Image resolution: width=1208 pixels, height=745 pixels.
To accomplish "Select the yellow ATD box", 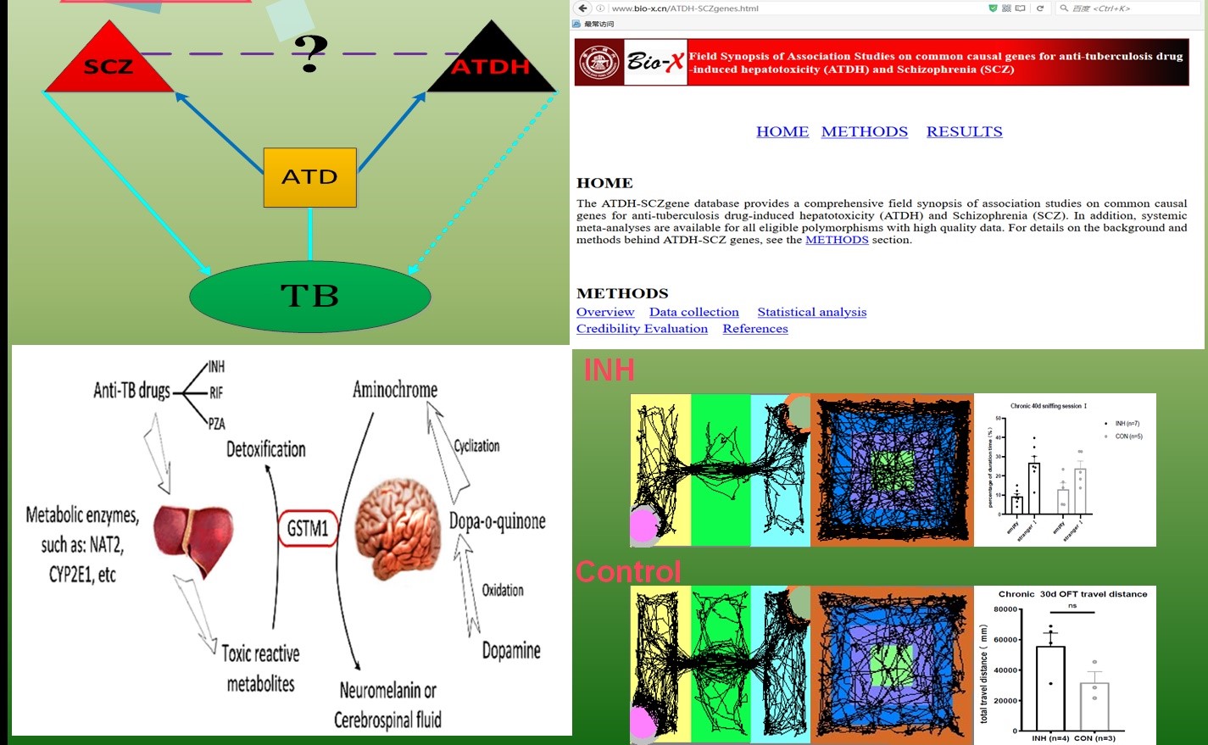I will [310, 177].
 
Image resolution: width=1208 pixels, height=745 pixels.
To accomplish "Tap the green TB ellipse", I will [310, 297].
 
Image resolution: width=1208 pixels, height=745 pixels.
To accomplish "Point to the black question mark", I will [310, 53].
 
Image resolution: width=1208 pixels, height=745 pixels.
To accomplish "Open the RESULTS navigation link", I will [964, 131].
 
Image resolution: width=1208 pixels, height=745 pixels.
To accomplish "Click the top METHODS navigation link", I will [864, 131].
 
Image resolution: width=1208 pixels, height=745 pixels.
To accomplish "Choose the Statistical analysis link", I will [811, 312].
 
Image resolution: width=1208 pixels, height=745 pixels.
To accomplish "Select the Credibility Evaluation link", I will [642, 329].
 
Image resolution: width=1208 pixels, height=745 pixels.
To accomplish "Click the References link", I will [754, 329].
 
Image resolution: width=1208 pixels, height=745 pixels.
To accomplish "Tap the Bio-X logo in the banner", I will [655, 62].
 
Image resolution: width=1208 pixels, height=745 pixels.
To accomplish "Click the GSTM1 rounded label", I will [307, 529].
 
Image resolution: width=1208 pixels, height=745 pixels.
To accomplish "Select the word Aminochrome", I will [395, 390].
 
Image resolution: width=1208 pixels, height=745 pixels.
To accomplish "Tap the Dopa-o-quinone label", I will [498, 521].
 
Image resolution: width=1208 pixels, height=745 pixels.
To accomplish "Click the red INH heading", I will [609, 370].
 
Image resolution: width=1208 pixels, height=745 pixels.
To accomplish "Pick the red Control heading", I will [628, 572].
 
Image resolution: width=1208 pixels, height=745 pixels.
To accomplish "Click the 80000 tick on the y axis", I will [1005, 609].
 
